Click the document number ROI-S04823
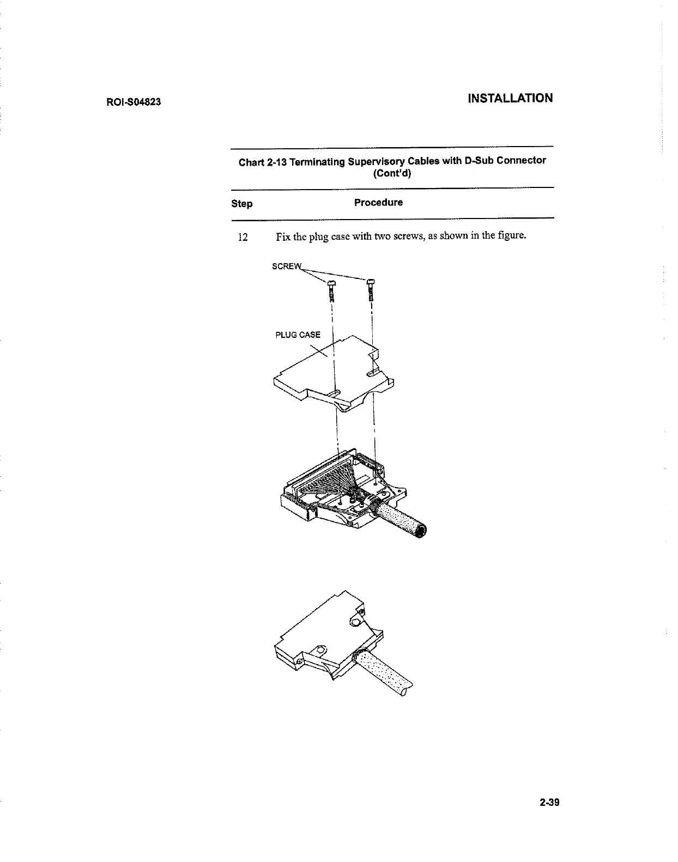[x=133, y=102]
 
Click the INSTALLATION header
[x=510, y=98]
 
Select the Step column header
[x=241, y=204]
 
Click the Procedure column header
[x=378, y=203]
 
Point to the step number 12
[x=243, y=238]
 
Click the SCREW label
[x=286, y=266]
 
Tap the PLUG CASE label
[x=298, y=335]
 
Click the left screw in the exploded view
[x=331, y=290]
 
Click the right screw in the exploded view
[x=371, y=289]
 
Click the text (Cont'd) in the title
[x=392, y=174]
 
